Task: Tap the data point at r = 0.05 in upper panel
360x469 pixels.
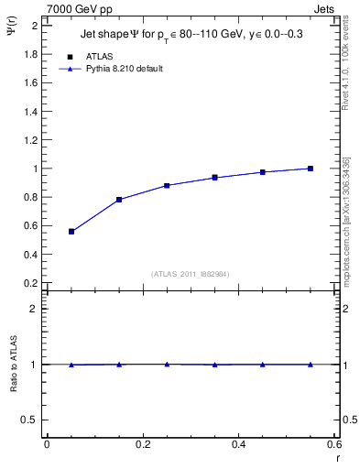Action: coord(71,232)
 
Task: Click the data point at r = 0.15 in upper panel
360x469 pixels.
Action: coord(119,200)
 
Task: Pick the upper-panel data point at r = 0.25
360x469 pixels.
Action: coord(167,185)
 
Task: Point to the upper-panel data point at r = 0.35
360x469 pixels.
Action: coord(215,178)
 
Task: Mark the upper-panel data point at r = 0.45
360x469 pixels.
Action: coord(263,172)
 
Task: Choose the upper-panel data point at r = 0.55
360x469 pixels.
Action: coord(311,169)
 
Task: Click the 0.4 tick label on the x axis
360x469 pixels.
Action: coord(238,444)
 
